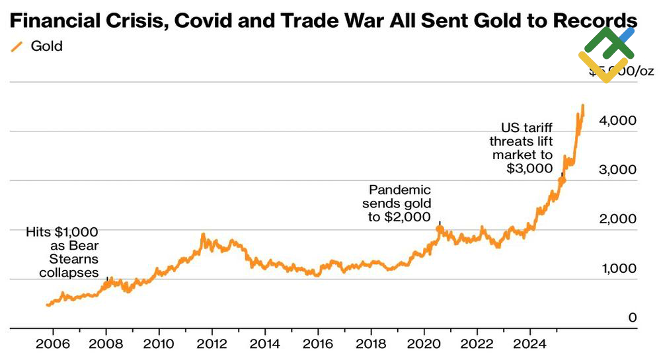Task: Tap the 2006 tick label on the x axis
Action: (x=53, y=345)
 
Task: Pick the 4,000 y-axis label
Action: (x=618, y=121)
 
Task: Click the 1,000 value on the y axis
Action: (x=618, y=269)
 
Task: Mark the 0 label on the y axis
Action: (x=632, y=318)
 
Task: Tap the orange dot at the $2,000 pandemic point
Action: (x=440, y=229)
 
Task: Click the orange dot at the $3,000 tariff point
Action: (x=562, y=180)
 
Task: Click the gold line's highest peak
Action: (x=582, y=105)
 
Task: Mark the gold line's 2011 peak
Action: (x=203, y=234)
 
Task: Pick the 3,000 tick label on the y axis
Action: (x=618, y=170)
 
